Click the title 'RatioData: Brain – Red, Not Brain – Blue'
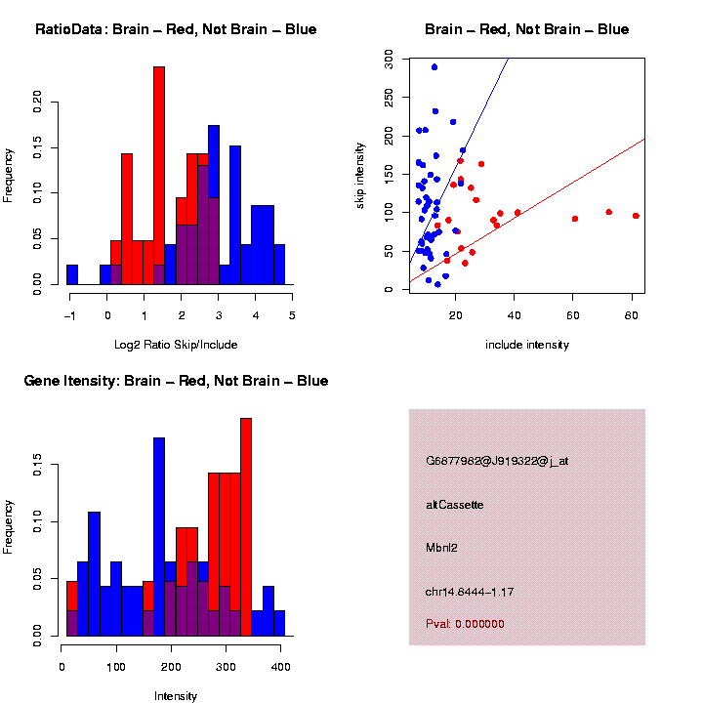point(176,29)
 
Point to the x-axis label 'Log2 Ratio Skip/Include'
point(176,345)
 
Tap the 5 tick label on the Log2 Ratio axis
point(291,314)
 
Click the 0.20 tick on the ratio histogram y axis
point(38,103)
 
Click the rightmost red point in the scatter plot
point(636,216)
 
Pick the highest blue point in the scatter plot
point(434,67)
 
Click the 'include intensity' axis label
point(527,345)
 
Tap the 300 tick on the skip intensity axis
point(390,60)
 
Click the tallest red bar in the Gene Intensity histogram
point(246,527)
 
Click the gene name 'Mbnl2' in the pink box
point(442,548)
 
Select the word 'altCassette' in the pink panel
point(455,505)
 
